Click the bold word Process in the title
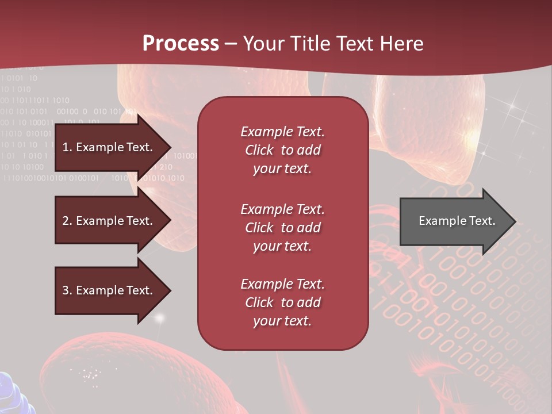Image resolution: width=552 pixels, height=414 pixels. (x=181, y=44)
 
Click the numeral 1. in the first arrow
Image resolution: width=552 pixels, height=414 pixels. (x=67, y=147)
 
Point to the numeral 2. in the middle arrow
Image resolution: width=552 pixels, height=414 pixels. (x=67, y=221)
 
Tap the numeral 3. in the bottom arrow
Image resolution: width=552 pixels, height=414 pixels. (x=67, y=290)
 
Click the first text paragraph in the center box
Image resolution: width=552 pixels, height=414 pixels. (x=283, y=150)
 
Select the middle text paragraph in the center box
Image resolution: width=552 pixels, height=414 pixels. (x=283, y=228)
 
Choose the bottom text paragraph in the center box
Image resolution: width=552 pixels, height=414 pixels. (x=283, y=302)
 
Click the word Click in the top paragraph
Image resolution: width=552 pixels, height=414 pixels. (x=259, y=150)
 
